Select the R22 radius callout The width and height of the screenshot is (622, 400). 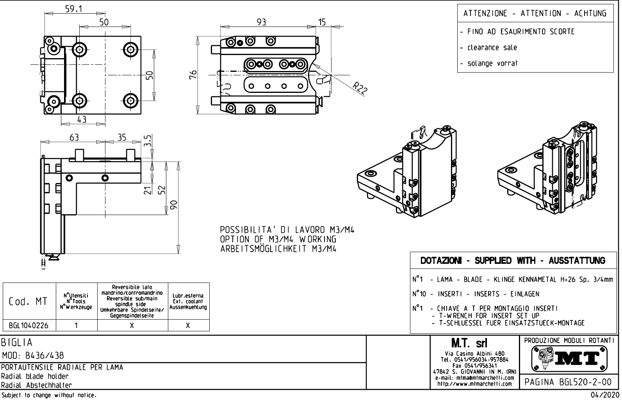359,90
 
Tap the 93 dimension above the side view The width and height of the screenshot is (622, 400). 261,22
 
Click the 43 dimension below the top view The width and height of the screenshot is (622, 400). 81,119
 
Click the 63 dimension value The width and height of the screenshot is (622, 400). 74,137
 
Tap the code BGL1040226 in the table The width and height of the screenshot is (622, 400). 29,325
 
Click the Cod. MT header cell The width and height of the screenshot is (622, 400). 29,301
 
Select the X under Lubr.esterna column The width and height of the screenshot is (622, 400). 188,325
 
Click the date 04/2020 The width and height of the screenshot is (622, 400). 605,395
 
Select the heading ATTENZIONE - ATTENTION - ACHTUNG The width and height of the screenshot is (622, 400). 535,14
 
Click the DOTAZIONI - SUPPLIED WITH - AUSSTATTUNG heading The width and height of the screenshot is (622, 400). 513,260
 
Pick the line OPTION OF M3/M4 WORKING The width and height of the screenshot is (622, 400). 278,239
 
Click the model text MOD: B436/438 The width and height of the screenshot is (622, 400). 33,356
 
